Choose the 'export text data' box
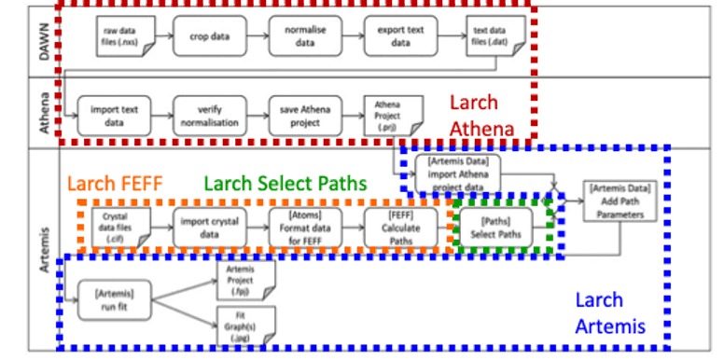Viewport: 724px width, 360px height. tap(400, 36)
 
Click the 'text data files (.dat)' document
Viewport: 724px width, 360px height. tap(491, 40)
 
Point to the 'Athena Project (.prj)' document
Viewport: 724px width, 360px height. tap(389, 116)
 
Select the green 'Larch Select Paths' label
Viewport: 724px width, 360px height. tap(285, 183)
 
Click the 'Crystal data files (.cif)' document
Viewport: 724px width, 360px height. tap(116, 228)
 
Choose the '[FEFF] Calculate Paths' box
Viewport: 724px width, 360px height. tap(400, 228)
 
